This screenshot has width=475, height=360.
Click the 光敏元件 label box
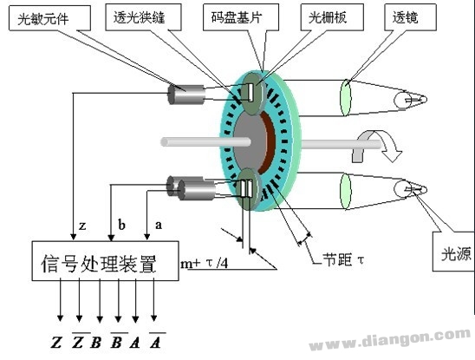tap(49, 18)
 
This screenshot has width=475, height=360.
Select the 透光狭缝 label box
tap(143, 17)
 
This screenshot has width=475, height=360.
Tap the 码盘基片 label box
tap(241, 17)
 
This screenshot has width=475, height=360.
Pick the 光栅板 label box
tap(332, 17)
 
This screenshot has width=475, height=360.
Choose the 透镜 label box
tap(410, 17)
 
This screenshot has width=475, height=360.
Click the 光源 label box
tap(453, 252)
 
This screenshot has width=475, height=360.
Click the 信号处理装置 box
tap(106, 261)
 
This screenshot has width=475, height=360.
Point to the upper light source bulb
tap(410, 100)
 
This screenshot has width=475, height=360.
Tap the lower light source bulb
tap(410, 189)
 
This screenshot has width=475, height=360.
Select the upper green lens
tap(346, 97)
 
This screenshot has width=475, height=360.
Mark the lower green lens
tap(346, 191)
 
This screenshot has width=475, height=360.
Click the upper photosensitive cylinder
tap(186, 95)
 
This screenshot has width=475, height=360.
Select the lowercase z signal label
tap(82, 226)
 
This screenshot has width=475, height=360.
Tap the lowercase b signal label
tap(121, 225)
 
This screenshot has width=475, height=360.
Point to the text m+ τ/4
tap(205, 263)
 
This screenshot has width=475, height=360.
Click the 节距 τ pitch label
tap(343, 259)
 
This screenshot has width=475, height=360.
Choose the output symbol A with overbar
tap(156, 341)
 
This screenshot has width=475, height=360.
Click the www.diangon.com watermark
tap(390, 339)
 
